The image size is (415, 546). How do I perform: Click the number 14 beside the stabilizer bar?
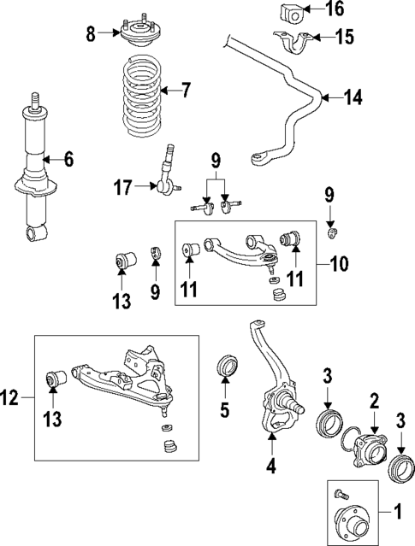click(x=353, y=98)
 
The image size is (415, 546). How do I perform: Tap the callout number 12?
click(x=11, y=396)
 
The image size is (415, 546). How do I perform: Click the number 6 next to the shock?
click(x=68, y=158)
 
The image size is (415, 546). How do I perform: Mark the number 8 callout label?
click(x=92, y=33)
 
